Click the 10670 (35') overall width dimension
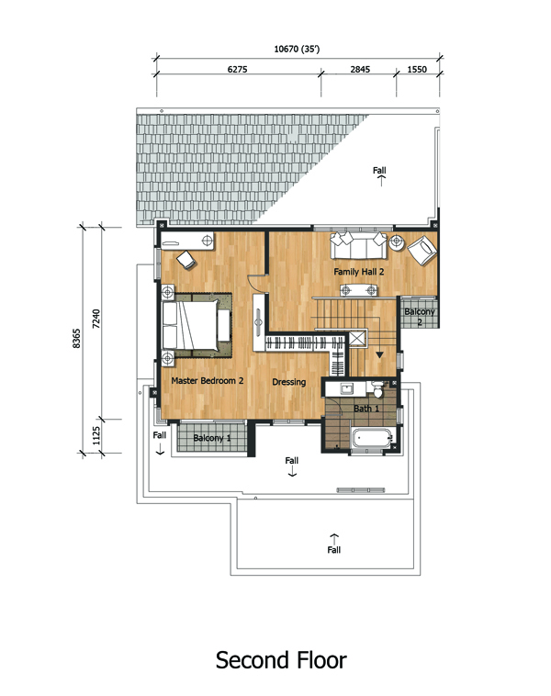point(297,49)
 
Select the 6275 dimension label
point(237,69)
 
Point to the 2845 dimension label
point(360,69)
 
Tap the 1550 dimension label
point(417,69)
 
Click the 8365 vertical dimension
point(76,338)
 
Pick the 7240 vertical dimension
point(96,319)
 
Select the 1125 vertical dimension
point(96,436)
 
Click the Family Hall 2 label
point(359,272)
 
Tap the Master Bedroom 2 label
point(208,380)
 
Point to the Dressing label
point(289,382)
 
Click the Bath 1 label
point(366,409)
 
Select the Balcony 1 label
point(212,438)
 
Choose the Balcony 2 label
point(420,317)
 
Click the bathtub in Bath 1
point(373,439)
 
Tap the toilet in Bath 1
point(377,389)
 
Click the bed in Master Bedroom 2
point(197,325)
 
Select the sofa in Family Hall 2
point(359,245)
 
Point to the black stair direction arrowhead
point(379,354)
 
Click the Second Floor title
point(281,660)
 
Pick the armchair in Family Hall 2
point(422,251)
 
